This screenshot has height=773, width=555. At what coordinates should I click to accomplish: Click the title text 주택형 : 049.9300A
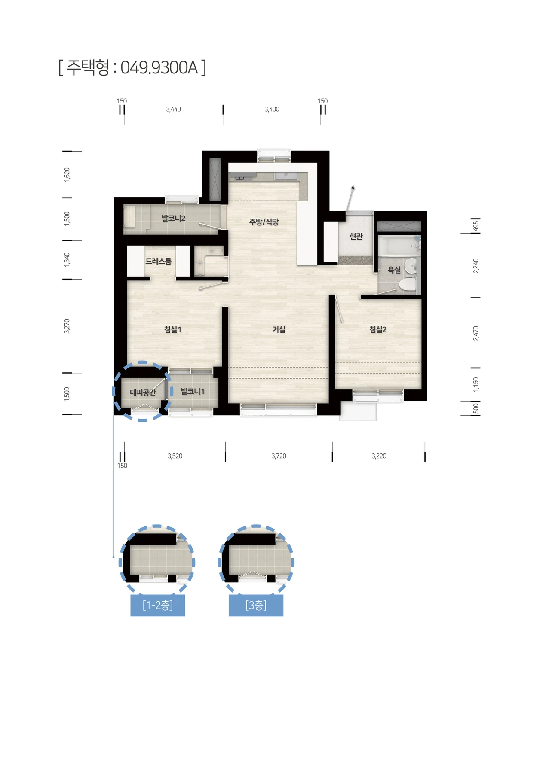pyautogui.click(x=132, y=67)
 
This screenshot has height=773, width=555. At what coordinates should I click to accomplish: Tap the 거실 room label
pyautogui.click(x=279, y=329)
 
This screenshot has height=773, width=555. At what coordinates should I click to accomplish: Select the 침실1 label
pyautogui.click(x=173, y=329)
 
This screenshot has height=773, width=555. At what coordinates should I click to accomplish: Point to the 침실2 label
pyautogui.click(x=378, y=329)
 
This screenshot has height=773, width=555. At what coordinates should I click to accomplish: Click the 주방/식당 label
pyautogui.click(x=264, y=222)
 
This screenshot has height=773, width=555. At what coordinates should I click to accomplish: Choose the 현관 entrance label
pyautogui.click(x=356, y=236)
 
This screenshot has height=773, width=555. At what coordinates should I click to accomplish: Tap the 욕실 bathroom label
pyautogui.click(x=394, y=270)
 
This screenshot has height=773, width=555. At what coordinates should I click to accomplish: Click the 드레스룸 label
pyautogui.click(x=158, y=261)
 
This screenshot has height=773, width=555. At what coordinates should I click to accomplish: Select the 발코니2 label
pyautogui.click(x=173, y=218)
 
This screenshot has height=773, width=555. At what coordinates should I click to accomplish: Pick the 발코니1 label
pyautogui.click(x=193, y=391)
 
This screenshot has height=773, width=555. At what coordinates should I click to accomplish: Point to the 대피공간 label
pyautogui.click(x=143, y=392)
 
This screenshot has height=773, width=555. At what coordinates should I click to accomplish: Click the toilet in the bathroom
pyautogui.click(x=408, y=284)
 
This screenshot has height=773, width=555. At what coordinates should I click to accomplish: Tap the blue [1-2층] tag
pyautogui.click(x=158, y=606)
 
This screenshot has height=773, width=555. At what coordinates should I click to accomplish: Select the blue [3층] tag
pyautogui.click(x=256, y=606)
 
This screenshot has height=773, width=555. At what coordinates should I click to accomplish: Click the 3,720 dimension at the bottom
pyautogui.click(x=279, y=456)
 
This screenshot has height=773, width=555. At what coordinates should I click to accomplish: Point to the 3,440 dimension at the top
pyautogui.click(x=173, y=109)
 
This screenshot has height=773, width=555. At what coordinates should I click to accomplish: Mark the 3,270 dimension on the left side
pyautogui.click(x=67, y=326)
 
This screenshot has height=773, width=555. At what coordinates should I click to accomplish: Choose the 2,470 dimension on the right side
pyautogui.click(x=475, y=333)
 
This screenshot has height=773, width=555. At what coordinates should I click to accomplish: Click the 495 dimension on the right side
pyautogui.click(x=475, y=226)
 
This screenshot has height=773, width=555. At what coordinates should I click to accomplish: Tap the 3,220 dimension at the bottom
pyautogui.click(x=379, y=456)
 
